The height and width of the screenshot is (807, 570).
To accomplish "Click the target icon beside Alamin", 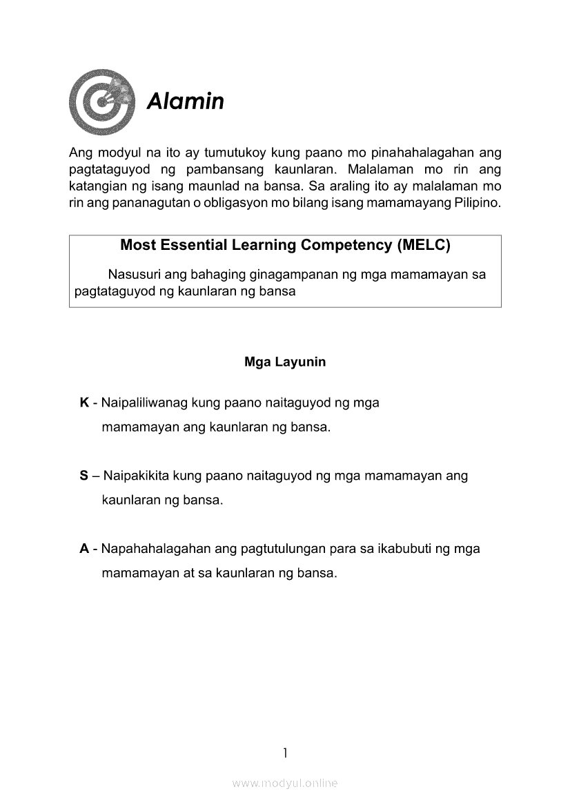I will (x=101, y=101).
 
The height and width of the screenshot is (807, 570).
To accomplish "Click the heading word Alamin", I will (x=185, y=101).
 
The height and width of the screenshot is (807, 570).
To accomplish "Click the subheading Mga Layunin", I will (x=285, y=362).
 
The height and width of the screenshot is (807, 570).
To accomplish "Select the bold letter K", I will (x=84, y=402).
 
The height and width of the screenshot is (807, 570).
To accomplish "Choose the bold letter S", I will (x=83, y=476).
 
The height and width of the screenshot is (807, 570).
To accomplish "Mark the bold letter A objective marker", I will (x=84, y=549).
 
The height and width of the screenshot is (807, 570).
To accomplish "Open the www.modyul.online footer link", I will (x=285, y=784).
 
